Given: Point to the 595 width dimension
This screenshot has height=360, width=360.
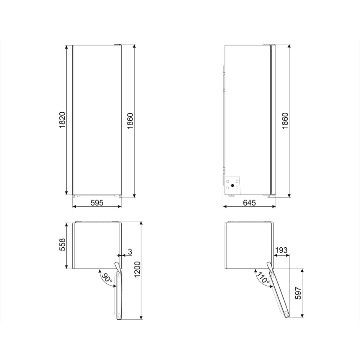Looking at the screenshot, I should [96, 203].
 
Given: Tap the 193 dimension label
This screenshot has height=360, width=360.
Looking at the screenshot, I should [281, 250].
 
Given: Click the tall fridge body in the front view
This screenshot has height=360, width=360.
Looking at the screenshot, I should [97, 121].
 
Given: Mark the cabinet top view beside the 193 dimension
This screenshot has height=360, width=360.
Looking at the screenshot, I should [249, 246].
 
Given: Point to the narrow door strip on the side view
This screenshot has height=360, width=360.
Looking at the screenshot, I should [273, 121].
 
